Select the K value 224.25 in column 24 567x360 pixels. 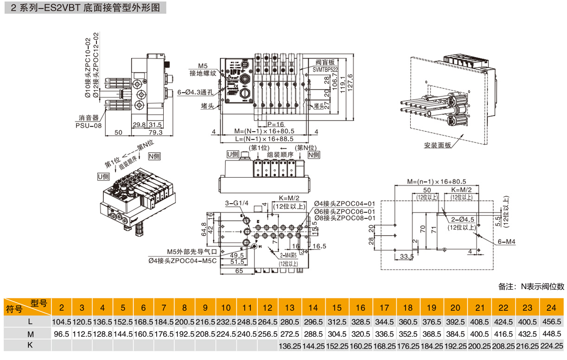click(x=551, y=346)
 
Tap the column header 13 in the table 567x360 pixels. click(x=290, y=308)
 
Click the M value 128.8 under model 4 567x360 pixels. click(x=102, y=334)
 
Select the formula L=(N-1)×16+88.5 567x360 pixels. click(x=264, y=139)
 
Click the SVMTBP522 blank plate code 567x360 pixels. click(x=325, y=69)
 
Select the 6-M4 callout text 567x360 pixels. click(x=508, y=242)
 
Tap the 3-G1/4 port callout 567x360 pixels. click(x=236, y=203)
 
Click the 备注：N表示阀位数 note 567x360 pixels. click(x=531, y=286)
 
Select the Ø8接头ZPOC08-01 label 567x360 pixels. click(x=344, y=218)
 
